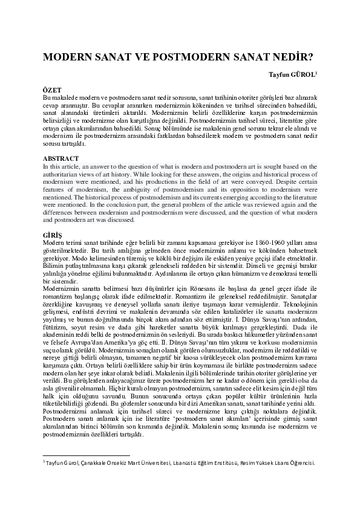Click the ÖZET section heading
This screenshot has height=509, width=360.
[53, 89]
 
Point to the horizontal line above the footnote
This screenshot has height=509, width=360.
[86, 455]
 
